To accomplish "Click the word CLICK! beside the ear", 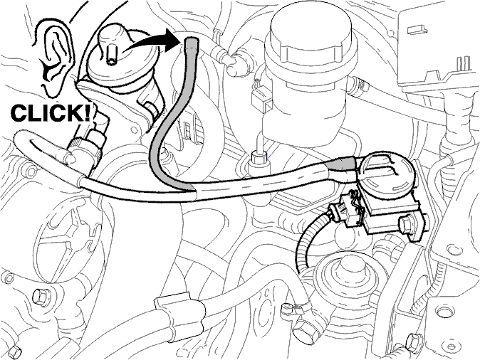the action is coord(51,112).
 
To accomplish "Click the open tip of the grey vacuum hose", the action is coord(192,42).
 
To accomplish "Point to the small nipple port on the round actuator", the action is coord(111,55).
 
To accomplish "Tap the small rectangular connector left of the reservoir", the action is coord(262,97).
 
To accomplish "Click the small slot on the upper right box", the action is coord(417,29).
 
